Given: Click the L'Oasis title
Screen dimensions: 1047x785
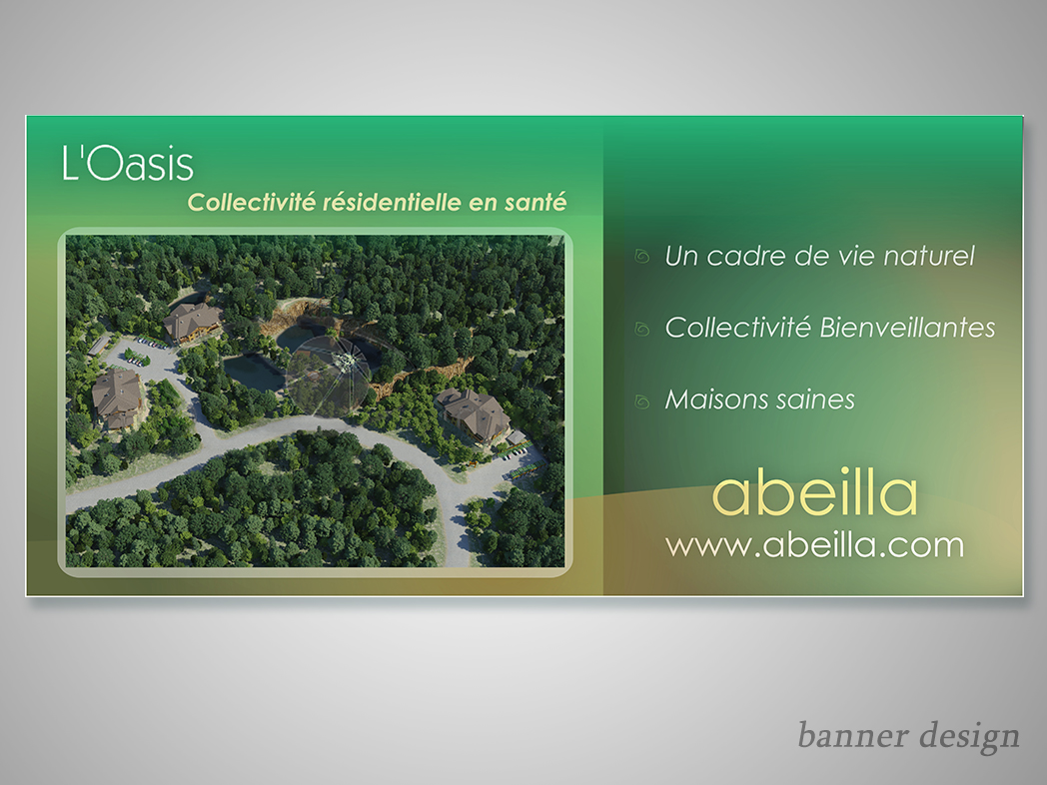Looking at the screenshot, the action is [128, 163].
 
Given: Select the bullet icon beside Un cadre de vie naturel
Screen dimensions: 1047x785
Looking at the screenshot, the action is [642, 257].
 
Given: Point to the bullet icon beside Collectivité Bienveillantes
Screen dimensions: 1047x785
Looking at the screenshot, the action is [642, 329].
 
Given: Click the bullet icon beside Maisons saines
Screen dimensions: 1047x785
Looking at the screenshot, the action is [642, 400].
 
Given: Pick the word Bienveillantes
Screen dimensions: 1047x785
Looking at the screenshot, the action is [907, 328].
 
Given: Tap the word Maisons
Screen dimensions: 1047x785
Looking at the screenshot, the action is [712, 399].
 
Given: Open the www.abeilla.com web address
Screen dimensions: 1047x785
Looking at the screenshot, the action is [815, 545].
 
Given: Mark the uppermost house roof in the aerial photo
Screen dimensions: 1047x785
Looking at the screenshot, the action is [192, 321].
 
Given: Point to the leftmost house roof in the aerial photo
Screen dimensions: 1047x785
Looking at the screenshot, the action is [116, 397].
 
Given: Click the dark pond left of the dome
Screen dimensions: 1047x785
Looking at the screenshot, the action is [255, 373].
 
